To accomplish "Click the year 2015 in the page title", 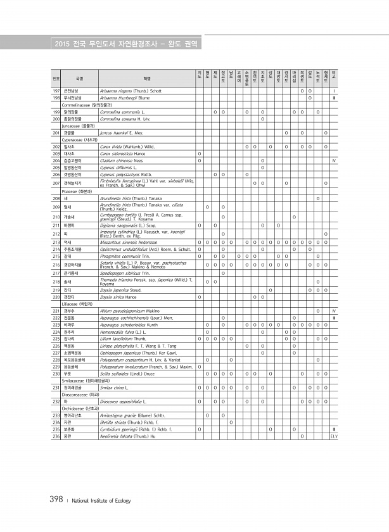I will coord(62,44).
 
